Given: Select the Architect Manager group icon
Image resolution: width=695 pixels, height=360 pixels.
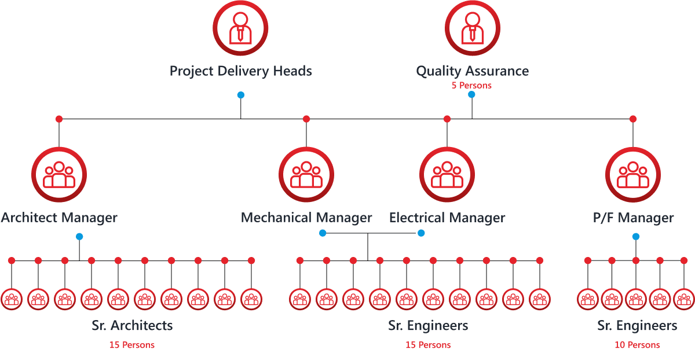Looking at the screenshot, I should [x=59, y=174].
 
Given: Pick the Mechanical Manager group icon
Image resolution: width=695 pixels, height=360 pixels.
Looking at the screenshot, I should [x=306, y=174].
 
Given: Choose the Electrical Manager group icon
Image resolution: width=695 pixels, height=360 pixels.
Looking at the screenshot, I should [x=447, y=174].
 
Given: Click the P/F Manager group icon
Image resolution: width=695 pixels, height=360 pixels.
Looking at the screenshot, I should [x=632, y=174].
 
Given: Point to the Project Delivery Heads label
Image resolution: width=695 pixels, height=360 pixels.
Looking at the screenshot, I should [x=240, y=71].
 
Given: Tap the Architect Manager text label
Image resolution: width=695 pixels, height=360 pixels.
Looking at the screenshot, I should [x=59, y=218].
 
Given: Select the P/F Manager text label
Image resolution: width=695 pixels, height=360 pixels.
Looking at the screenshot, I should [x=633, y=218].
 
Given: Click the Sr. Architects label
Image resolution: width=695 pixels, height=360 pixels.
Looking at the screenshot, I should [x=132, y=325].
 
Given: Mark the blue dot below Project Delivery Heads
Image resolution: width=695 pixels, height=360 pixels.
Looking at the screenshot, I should [x=241, y=95].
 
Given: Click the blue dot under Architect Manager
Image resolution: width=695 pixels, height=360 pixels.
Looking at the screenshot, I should [x=79, y=237].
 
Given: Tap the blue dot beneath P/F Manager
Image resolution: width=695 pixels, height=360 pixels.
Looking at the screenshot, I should [x=636, y=236].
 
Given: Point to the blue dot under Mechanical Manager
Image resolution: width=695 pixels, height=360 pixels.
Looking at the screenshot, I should [x=323, y=233].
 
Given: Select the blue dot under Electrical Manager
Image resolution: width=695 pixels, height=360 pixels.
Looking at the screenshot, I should [x=421, y=233].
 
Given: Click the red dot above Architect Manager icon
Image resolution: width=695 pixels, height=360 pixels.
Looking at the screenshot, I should [x=58, y=119].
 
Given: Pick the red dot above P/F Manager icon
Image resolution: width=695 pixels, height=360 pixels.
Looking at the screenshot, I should [x=633, y=119].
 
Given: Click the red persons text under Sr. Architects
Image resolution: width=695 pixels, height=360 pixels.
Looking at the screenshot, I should [x=132, y=345].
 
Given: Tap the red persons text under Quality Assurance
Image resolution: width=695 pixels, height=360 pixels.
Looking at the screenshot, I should [x=471, y=86].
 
